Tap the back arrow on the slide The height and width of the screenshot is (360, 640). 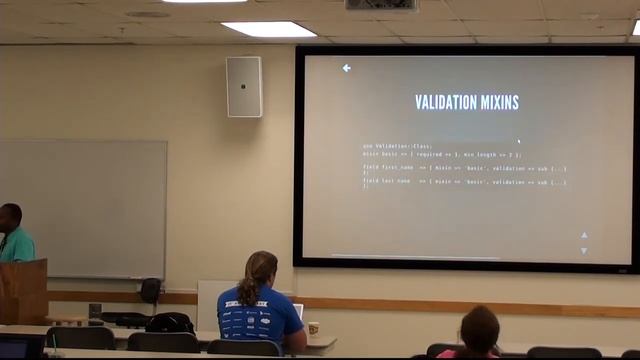[x=346, y=68]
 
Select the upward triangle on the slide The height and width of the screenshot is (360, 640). [x=584, y=236]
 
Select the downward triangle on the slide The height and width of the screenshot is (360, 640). [x=584, y=250]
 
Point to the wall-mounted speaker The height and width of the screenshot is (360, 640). [x=243, y=86]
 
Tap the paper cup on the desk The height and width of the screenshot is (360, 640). [x=313, y=328]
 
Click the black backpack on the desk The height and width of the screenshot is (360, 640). [x=169, y=322]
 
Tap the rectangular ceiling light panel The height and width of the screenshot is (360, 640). [x=268, y=29]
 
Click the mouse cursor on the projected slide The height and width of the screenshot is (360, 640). [x=518, y=141]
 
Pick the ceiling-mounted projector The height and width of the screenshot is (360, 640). [x=381, y=5]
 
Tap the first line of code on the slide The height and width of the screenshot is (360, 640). [x=397, y=147]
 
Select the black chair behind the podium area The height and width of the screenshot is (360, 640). [x=150, y=290]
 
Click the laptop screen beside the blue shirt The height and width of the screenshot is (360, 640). [x=299, y=312]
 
